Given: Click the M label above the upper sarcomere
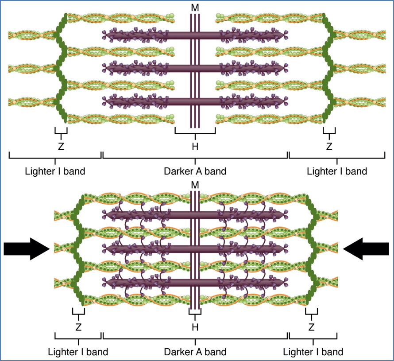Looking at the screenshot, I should pos(195,8).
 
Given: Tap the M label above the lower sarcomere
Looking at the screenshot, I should pos(195,184).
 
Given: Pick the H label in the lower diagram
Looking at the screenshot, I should pos(195,327).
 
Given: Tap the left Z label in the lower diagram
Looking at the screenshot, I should pos(78,327).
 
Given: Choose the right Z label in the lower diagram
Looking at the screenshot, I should pos(312,327).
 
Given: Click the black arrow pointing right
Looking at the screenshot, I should pos(26,249).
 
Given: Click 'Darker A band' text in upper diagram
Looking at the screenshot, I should pos(195,171).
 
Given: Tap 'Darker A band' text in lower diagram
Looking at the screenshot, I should pos(195,352).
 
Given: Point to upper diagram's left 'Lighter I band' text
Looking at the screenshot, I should pos(55,171).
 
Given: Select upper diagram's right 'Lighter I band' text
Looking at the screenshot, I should pos(337,171).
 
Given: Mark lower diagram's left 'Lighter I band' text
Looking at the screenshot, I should pos(78,352).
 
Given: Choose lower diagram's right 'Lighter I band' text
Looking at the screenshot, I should pos(313,352).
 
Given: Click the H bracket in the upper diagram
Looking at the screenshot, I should pos(195,132).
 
